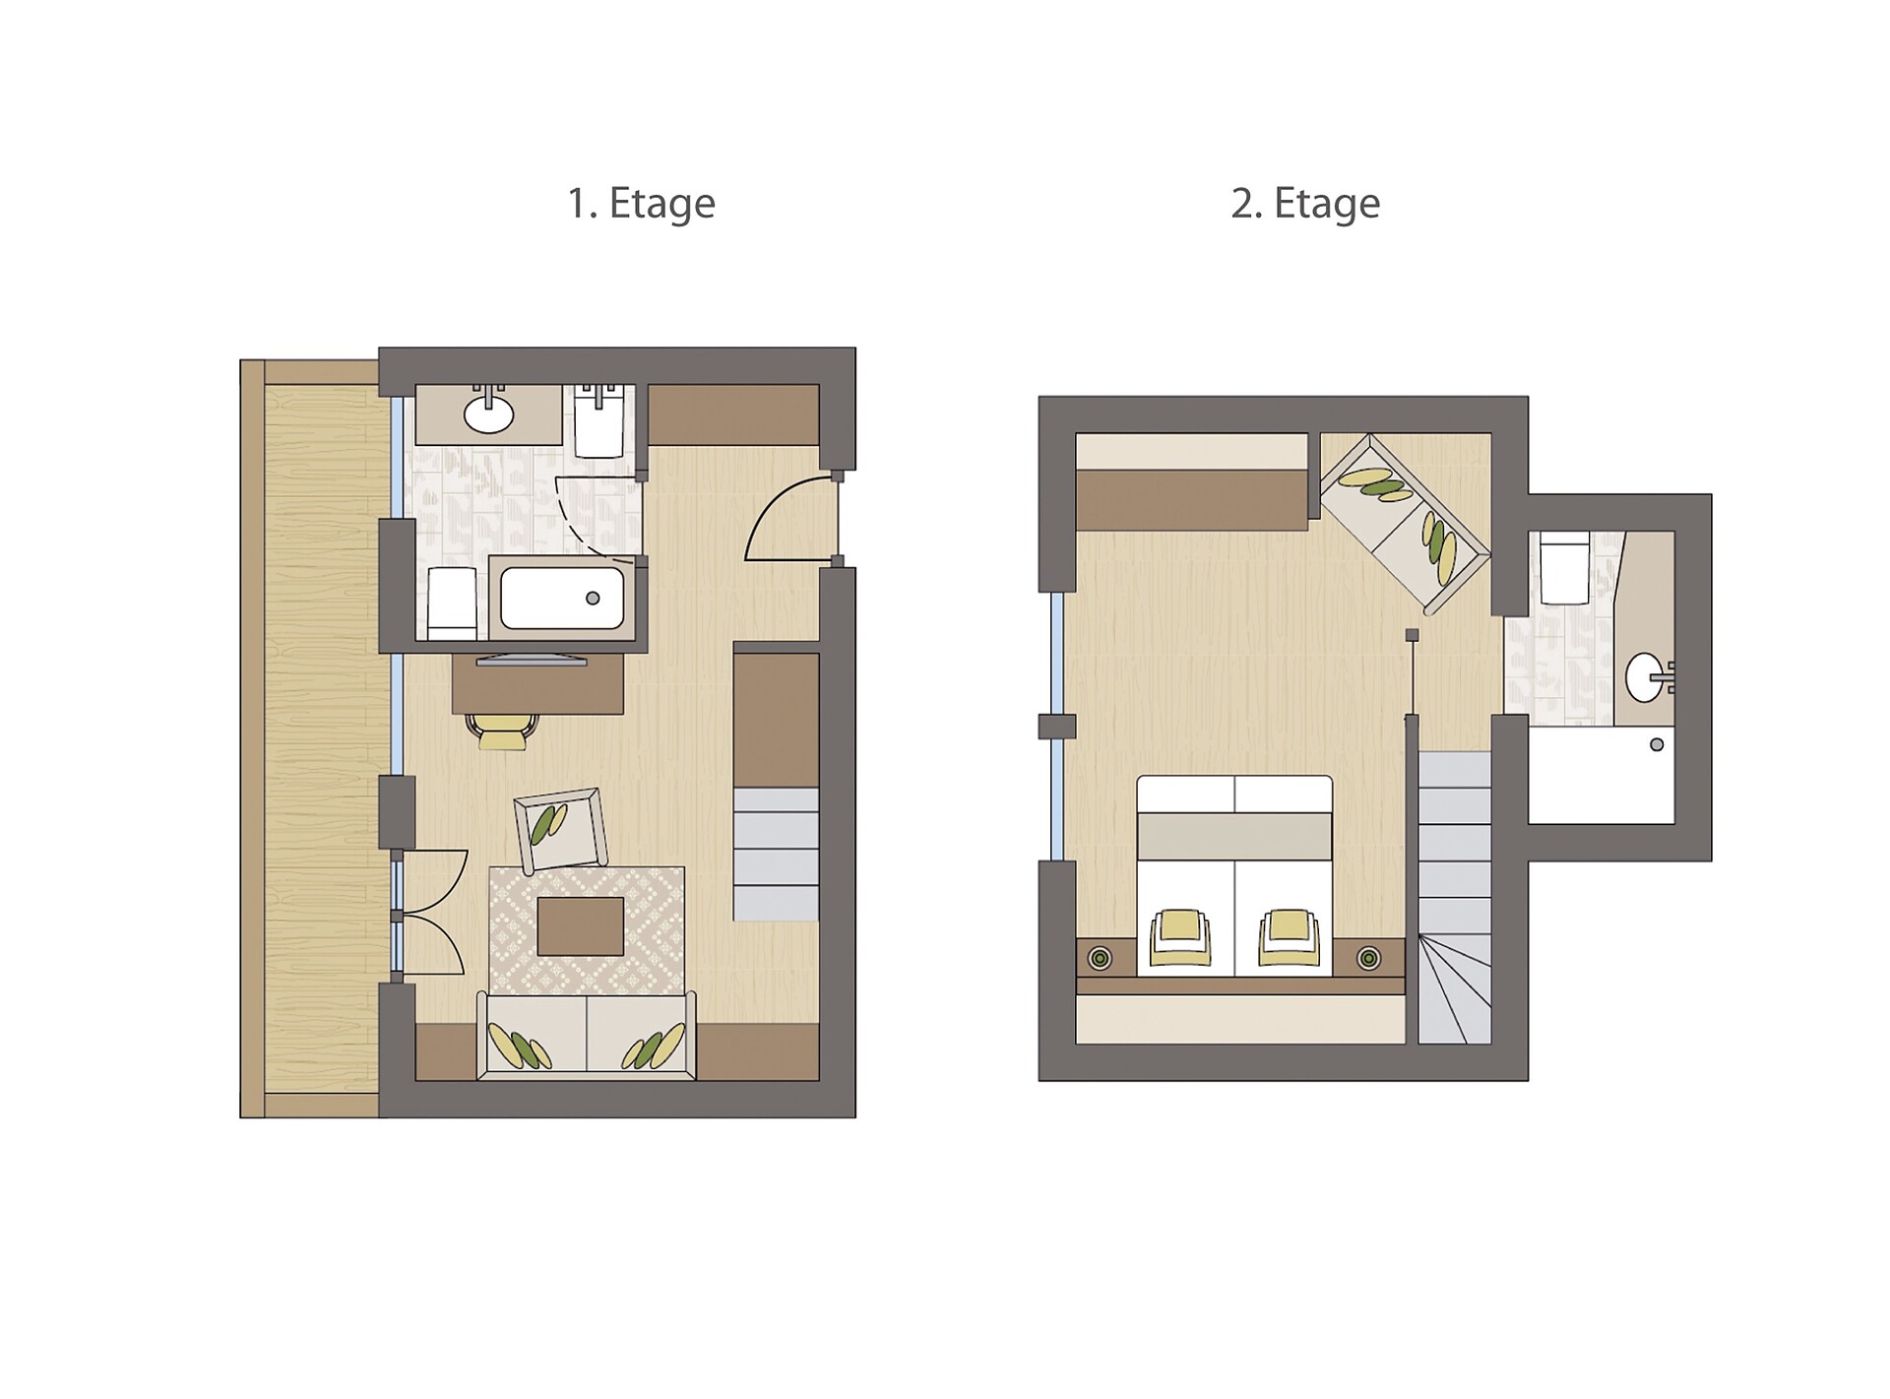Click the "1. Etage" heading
tap(641, 204)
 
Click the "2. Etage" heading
tap(1305, 204)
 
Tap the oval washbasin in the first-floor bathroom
tap(489, 414)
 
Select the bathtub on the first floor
tap(562, 598)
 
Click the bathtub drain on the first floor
tap(593, 598)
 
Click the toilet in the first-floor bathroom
tap(452, 603)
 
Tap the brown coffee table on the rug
tap(581, 925)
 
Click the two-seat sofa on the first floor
tap(587, 1036)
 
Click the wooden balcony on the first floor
tap(311, 738)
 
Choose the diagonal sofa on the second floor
tap(1404, 522)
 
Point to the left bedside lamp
tap(1100, 957)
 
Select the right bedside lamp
tap(1368, 957)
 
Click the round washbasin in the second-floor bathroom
tap(1646, 676)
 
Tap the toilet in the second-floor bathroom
tap(1564, 568)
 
